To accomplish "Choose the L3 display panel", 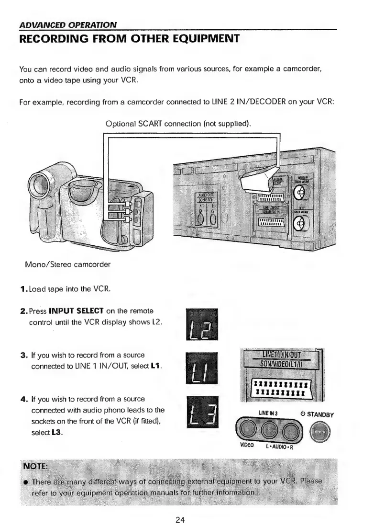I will pos(200,413).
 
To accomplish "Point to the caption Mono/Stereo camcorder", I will pos(66,264).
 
